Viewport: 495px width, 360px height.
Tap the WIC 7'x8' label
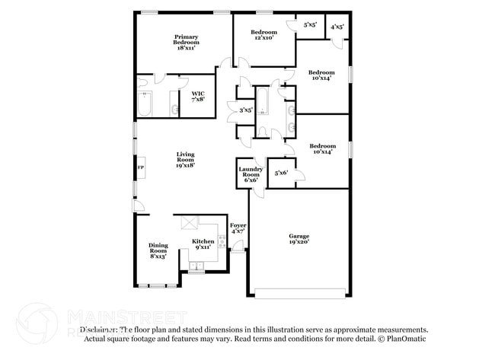(198, 96)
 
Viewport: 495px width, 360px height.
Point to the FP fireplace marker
(140, 167)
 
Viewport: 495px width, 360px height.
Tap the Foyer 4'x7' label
(238, 228)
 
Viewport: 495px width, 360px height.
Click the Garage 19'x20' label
(299, 239)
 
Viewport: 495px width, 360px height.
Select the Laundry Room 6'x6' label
(251, 174)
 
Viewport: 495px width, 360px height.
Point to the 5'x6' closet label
(282, 174)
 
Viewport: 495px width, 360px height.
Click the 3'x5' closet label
(246, 110)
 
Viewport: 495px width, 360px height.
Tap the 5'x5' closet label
(310, 25)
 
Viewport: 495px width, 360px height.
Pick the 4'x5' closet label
(337, 27)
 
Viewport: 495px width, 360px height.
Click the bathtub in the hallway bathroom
(263, 102)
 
